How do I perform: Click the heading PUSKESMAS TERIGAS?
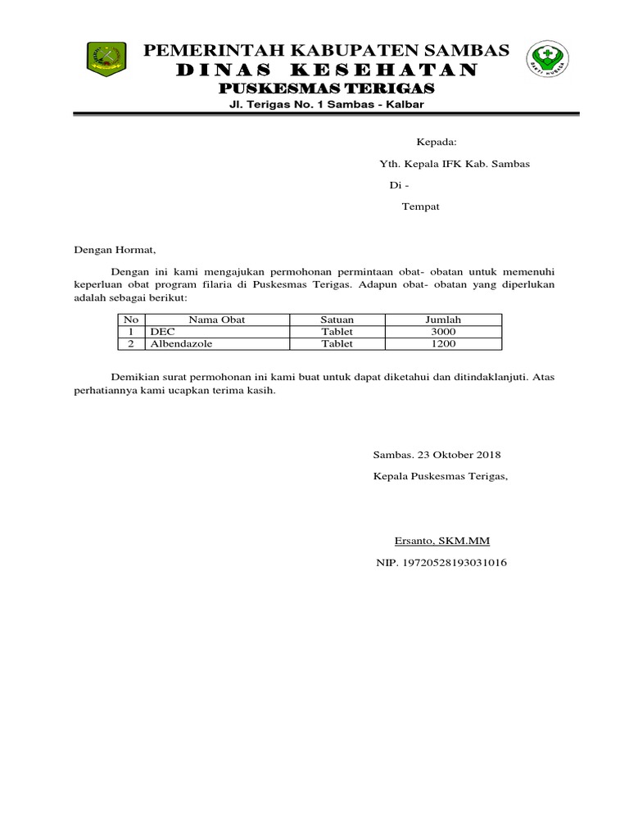click(326, 88)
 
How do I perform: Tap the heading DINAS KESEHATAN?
click(326, 70)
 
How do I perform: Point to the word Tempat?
click(420, 206)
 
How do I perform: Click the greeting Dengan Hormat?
click(115, 249)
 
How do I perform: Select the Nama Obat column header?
click(217, 320)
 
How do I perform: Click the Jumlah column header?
click(443, 320)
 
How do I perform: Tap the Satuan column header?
click(337, 320)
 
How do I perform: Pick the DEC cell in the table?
click(162, 332)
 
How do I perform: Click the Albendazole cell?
click(181, 344)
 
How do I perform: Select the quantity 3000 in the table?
click(443, 332)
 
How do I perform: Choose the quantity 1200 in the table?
click(443, 344)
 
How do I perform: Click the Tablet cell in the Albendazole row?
click(337, 344)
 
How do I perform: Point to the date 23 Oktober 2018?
click(455, 455)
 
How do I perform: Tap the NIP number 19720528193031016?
click(452, 563)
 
